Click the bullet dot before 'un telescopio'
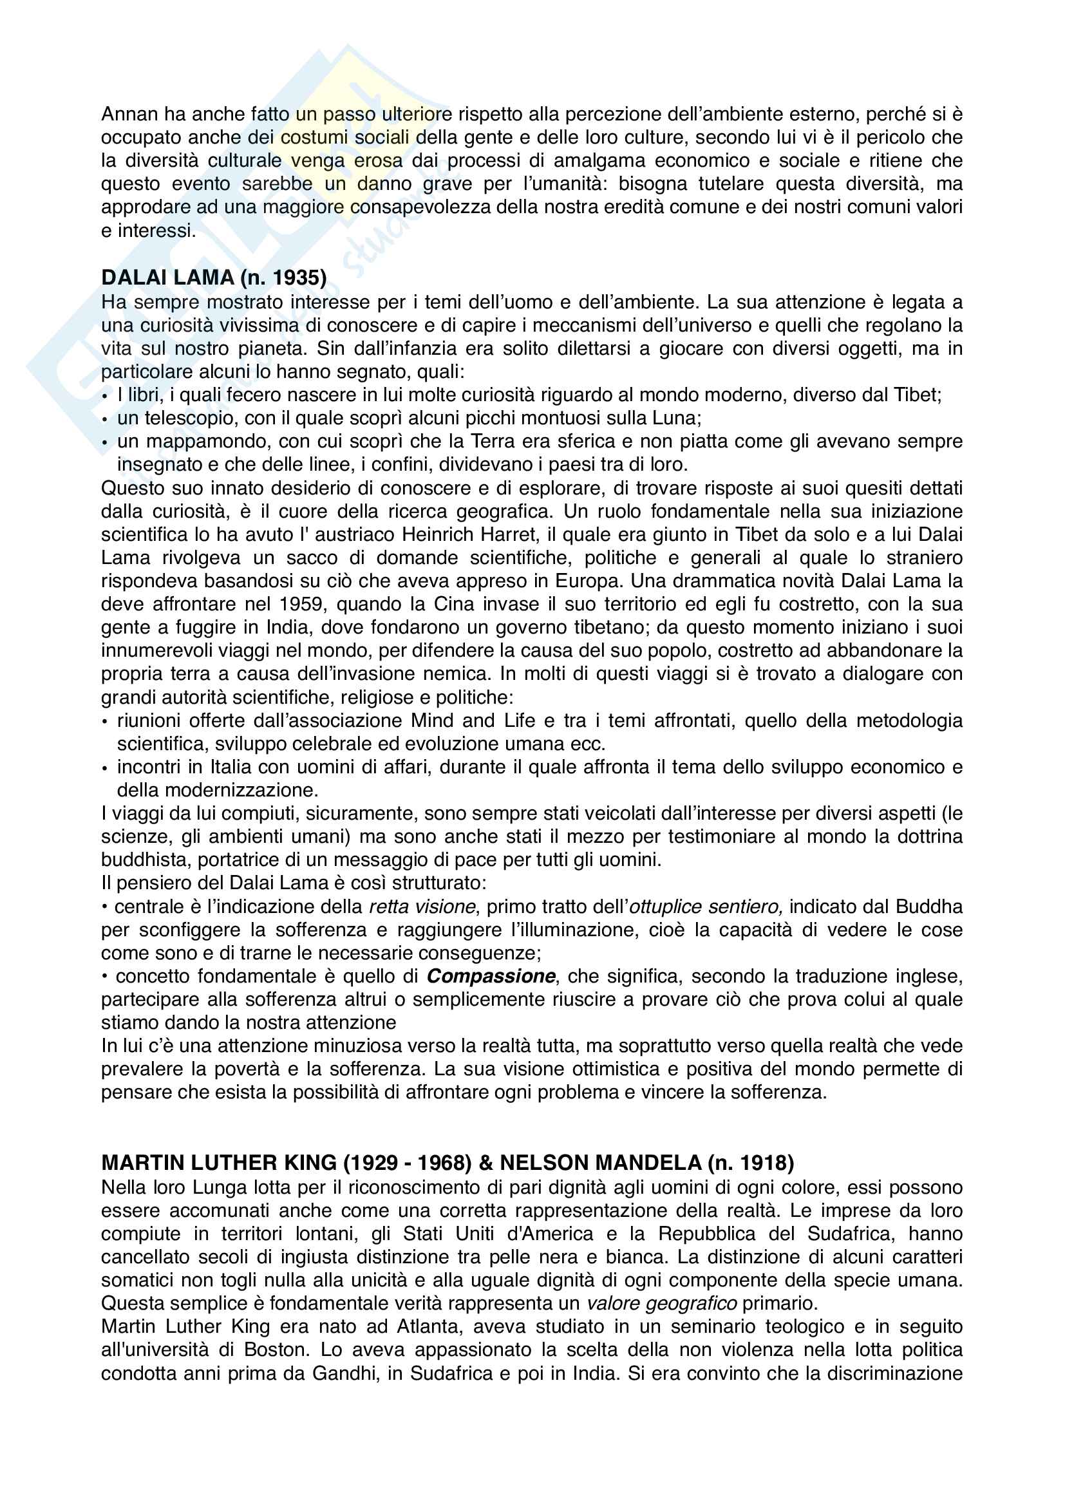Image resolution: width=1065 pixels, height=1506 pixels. point(105,419)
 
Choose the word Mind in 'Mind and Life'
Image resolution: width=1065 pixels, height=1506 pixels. point(432,720)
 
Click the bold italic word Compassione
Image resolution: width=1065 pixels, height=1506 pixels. point(491,976)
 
